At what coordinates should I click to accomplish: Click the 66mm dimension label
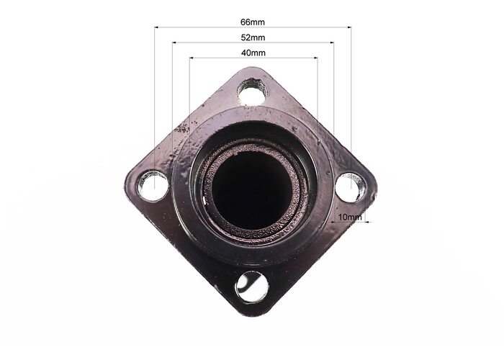click(x=253, y=22)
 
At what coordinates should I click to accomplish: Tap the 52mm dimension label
click(x=253, y=37)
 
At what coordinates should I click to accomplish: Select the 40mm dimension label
click(x=253, y=53)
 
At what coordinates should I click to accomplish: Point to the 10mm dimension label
click(x=350, y=217)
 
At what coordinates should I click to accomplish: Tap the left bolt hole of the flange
click(x=153, y=186)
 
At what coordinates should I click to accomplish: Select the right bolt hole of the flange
click(x=351, y=188)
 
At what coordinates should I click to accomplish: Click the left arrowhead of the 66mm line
click(x=156, y=27)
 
